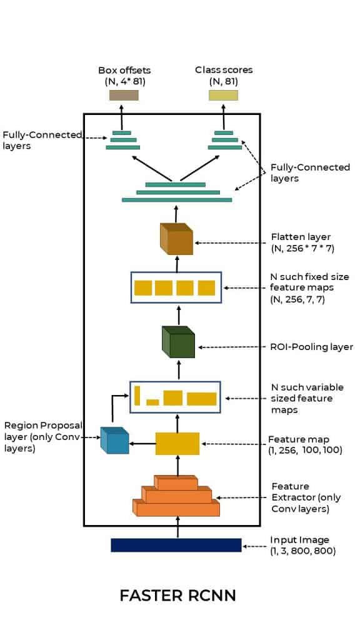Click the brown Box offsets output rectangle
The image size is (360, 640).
pos(124,95)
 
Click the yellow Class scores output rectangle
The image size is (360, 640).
pos(223,95)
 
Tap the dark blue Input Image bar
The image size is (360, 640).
pos(176,545)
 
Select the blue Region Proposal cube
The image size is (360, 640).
pos(114,440)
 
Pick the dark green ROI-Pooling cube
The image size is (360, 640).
pos(178,342)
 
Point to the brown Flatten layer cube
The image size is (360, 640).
pos(176,239)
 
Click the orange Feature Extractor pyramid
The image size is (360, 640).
pos(176,496)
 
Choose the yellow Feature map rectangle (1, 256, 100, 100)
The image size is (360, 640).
pos(177,444)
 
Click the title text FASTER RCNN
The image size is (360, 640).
pos(178,596)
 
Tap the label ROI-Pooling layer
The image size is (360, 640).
pos(312,347)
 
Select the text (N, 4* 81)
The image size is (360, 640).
pos(125,82)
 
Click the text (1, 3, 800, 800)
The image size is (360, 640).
pos(303,551)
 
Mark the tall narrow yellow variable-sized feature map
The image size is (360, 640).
pos(137,396)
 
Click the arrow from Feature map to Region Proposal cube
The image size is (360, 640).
pos(142,444)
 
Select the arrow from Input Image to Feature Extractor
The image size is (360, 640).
pos(177,527)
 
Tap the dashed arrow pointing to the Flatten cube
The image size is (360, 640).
pos(232,242)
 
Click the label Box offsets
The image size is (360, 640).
pos(124,70)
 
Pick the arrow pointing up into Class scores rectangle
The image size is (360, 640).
pos(224,116)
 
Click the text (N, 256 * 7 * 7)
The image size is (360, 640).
pos(302,248)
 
